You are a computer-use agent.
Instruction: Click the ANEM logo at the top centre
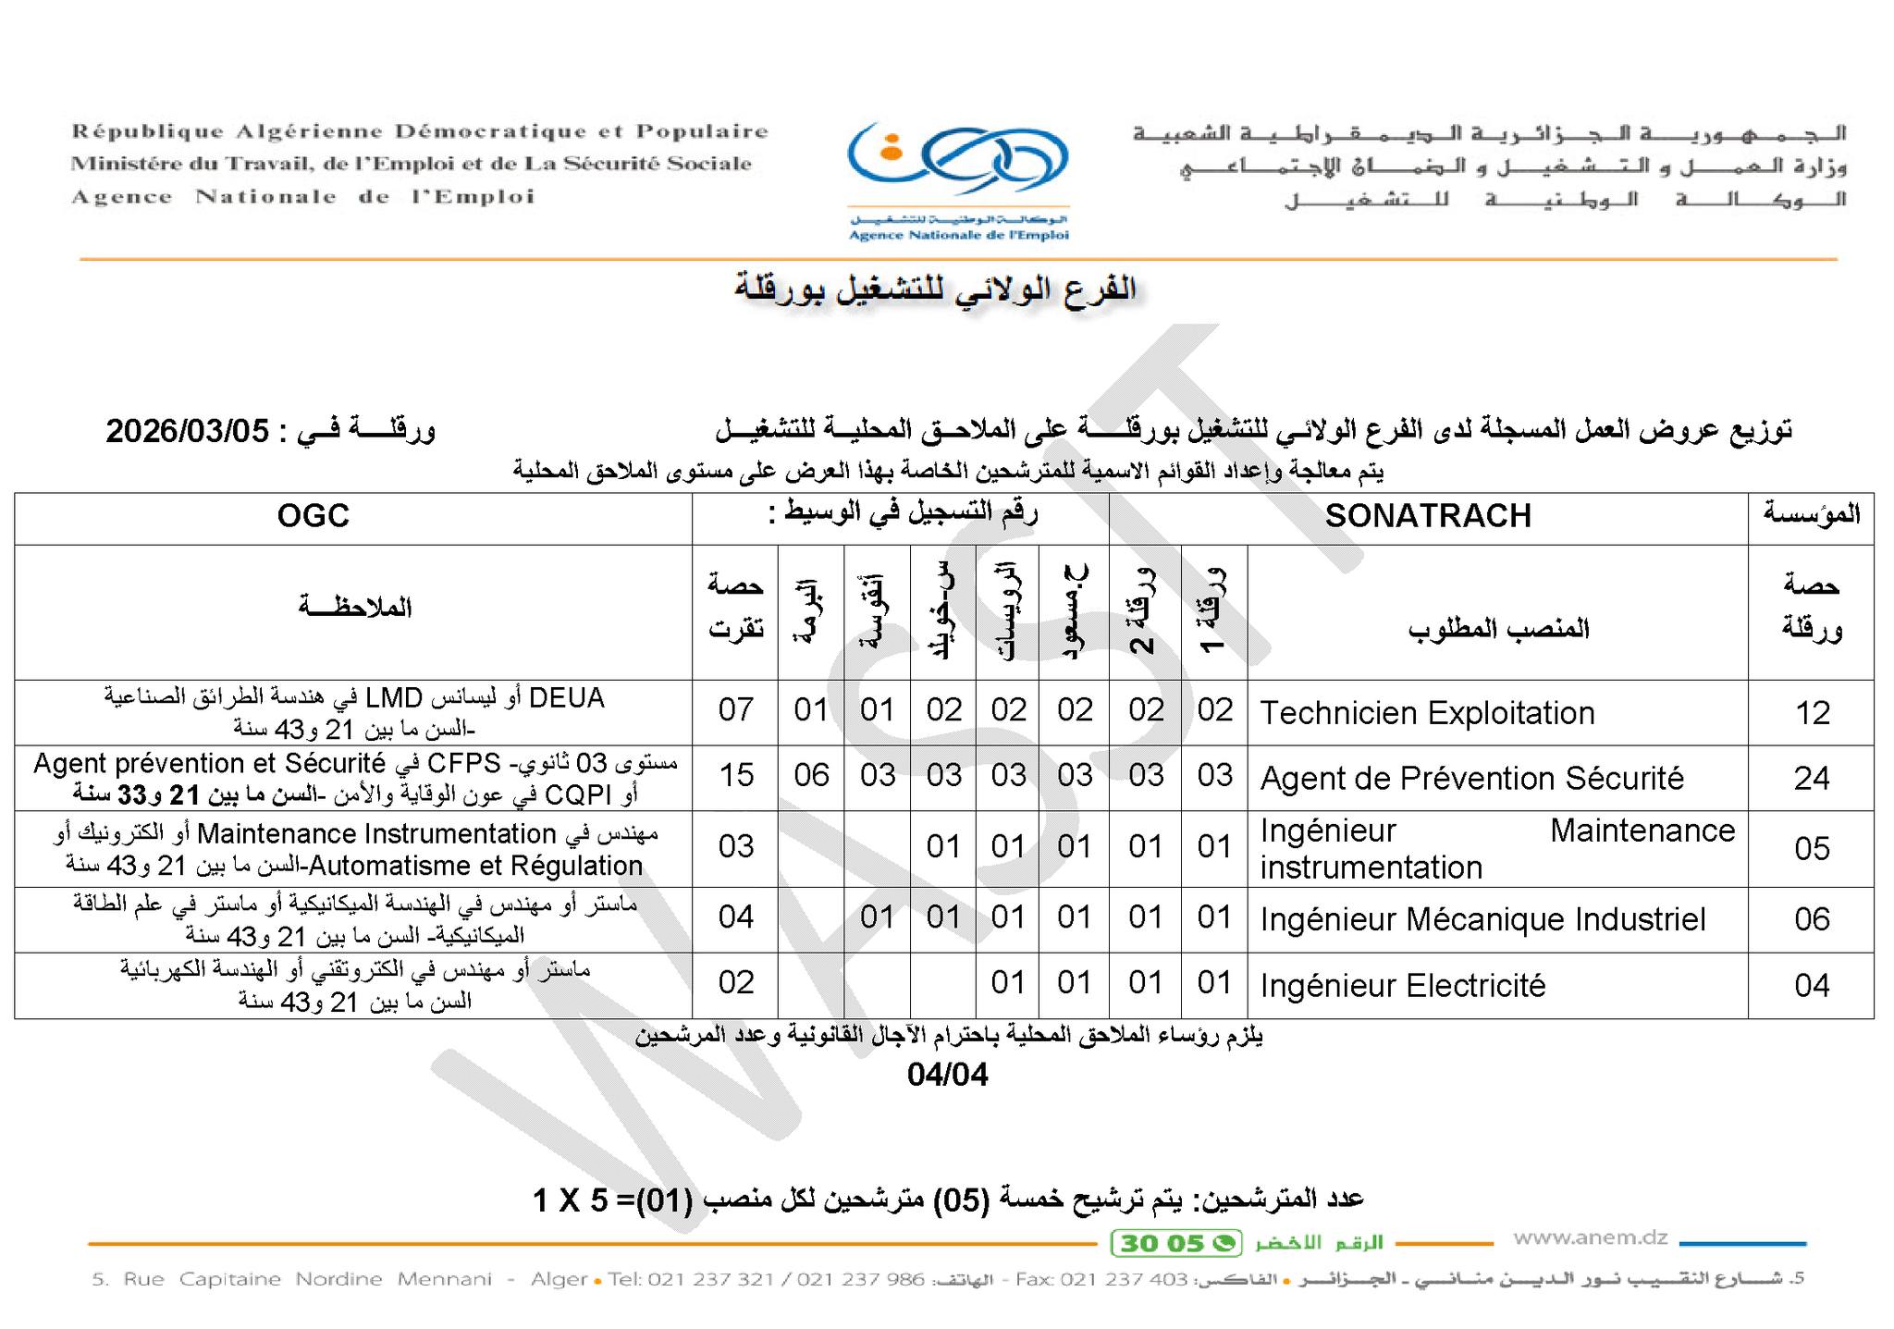click(x=958, y=180)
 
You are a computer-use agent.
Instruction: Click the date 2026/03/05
click(x=187, y=431)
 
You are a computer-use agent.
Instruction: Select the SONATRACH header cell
click(x=1427, y=516)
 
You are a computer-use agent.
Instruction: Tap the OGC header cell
click(x=313, y=516)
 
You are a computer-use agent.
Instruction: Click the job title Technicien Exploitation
click(x=1426, y=713)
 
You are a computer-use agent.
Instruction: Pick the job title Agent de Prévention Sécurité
click(x=1471, y=779)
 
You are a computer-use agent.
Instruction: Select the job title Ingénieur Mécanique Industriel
click(x=1482, y=919)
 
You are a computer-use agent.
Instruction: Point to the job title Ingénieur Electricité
click(x=1402, y=985)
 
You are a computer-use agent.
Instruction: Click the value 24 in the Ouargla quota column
click(x=1811, y=779)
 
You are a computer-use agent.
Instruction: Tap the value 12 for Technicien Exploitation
click(x=1812, y=713)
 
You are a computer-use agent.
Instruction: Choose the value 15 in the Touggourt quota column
click(x=736, y=775)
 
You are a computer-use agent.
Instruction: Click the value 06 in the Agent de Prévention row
click(x=811, y=775)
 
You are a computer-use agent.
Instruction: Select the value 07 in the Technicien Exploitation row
click(x=736, y=709)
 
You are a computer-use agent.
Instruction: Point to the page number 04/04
click(x=947, y=1075)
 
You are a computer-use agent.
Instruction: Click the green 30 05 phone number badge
click(x=1175, y=1243)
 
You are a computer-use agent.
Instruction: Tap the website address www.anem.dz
click(x=1590, y=1237)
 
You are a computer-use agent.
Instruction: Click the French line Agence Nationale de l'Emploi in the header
click(x=303, y=197)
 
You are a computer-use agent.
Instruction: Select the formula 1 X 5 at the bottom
click(x=570, y=1200)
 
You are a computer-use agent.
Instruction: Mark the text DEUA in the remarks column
click(x=566, y=697)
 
